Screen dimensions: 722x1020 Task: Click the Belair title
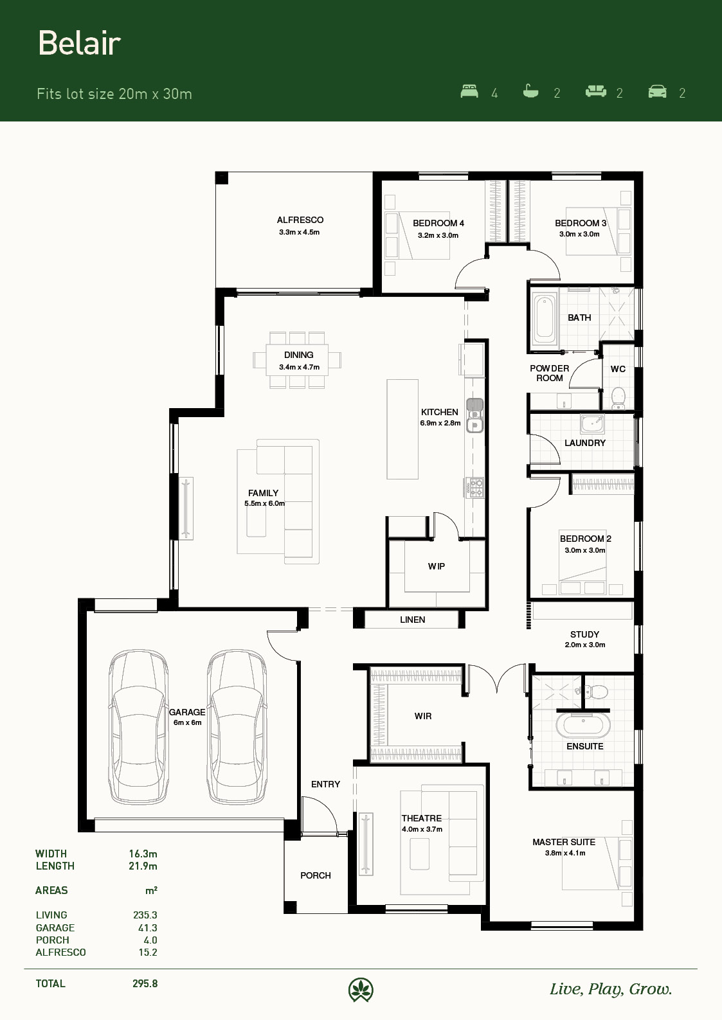coord(79,44)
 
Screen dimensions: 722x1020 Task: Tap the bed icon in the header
coord(469,91)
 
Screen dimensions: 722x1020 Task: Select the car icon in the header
coord(657,91)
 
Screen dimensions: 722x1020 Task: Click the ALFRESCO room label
coord(300,220)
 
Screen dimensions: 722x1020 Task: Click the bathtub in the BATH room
coord(545,319)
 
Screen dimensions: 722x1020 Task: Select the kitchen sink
coord(474,415)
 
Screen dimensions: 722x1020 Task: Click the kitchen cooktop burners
coord(474,487)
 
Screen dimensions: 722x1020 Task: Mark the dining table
coord(297,360)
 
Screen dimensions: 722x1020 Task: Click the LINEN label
coord(413,620)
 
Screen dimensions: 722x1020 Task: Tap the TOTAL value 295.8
coord(145,983)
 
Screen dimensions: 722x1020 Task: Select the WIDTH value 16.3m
coord(143,854)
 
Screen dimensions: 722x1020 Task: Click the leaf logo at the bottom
coord(361,990)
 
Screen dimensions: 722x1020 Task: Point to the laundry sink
coord(592,424)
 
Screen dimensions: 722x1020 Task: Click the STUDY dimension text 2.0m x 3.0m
coord(585,645)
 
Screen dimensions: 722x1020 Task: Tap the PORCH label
coord(316,875)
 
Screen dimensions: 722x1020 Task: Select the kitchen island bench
coord(402,429)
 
